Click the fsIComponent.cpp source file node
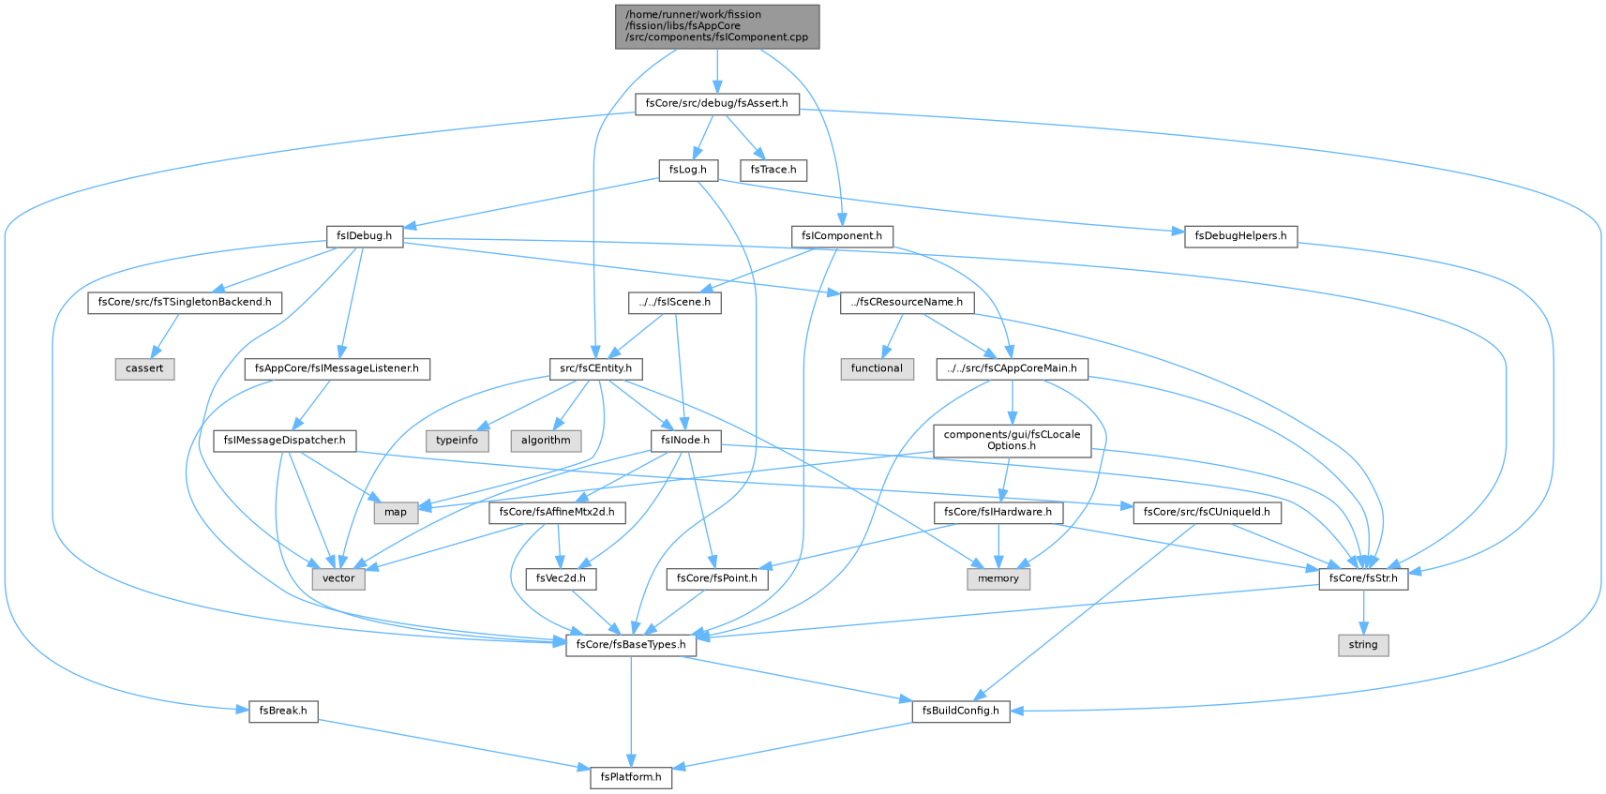pyautogui.click(x=717, y=26)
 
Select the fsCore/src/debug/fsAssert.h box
pyautogui.click(x=717, y=104)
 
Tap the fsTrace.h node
pyautogui.click(x=773, y=170)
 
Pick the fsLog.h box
pyautogui.click(x=688, y=170)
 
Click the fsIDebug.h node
pyautogui.click(x=365, y=236)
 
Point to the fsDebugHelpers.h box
pyautogui.click(x=1241, y=236)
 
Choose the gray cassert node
pyautogui.click(x=144, y=369)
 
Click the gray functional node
pyautogui.click(x=877, y=369)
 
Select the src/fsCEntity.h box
pyautogui.click(x=595, y=369)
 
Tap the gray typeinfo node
pyautogui.click(x=458, y=440)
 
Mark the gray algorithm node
pyautogui.click(x=546, y=440)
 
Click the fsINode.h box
pyautogui.click(x=685, y=440)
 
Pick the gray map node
pyautogui.click(x=395, y=513)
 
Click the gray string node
pyautogui.click(x=1363, y=645)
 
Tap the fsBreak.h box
pyautogui.click(x=283, y=712)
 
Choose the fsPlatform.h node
pyautogui.click(x=631, y=777)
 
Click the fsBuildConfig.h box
pyautogui.click(x=961, y=712)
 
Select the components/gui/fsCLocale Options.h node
pyautogui.click(x=1012, y=441)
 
